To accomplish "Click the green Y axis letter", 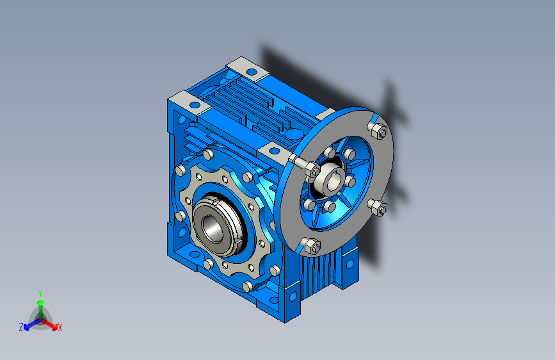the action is coord(40,293).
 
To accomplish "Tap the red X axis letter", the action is coord(60,327).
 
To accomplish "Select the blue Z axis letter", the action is coord(21,327).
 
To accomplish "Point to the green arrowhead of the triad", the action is coord(41,302).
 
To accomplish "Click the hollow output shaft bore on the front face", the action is coord(211,226).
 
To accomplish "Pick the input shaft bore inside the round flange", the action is coord(334,181).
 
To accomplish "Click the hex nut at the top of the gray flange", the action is coord(379,131).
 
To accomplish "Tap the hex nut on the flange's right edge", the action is coord(379,208).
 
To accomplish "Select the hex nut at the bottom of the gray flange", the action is coord(312,246).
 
